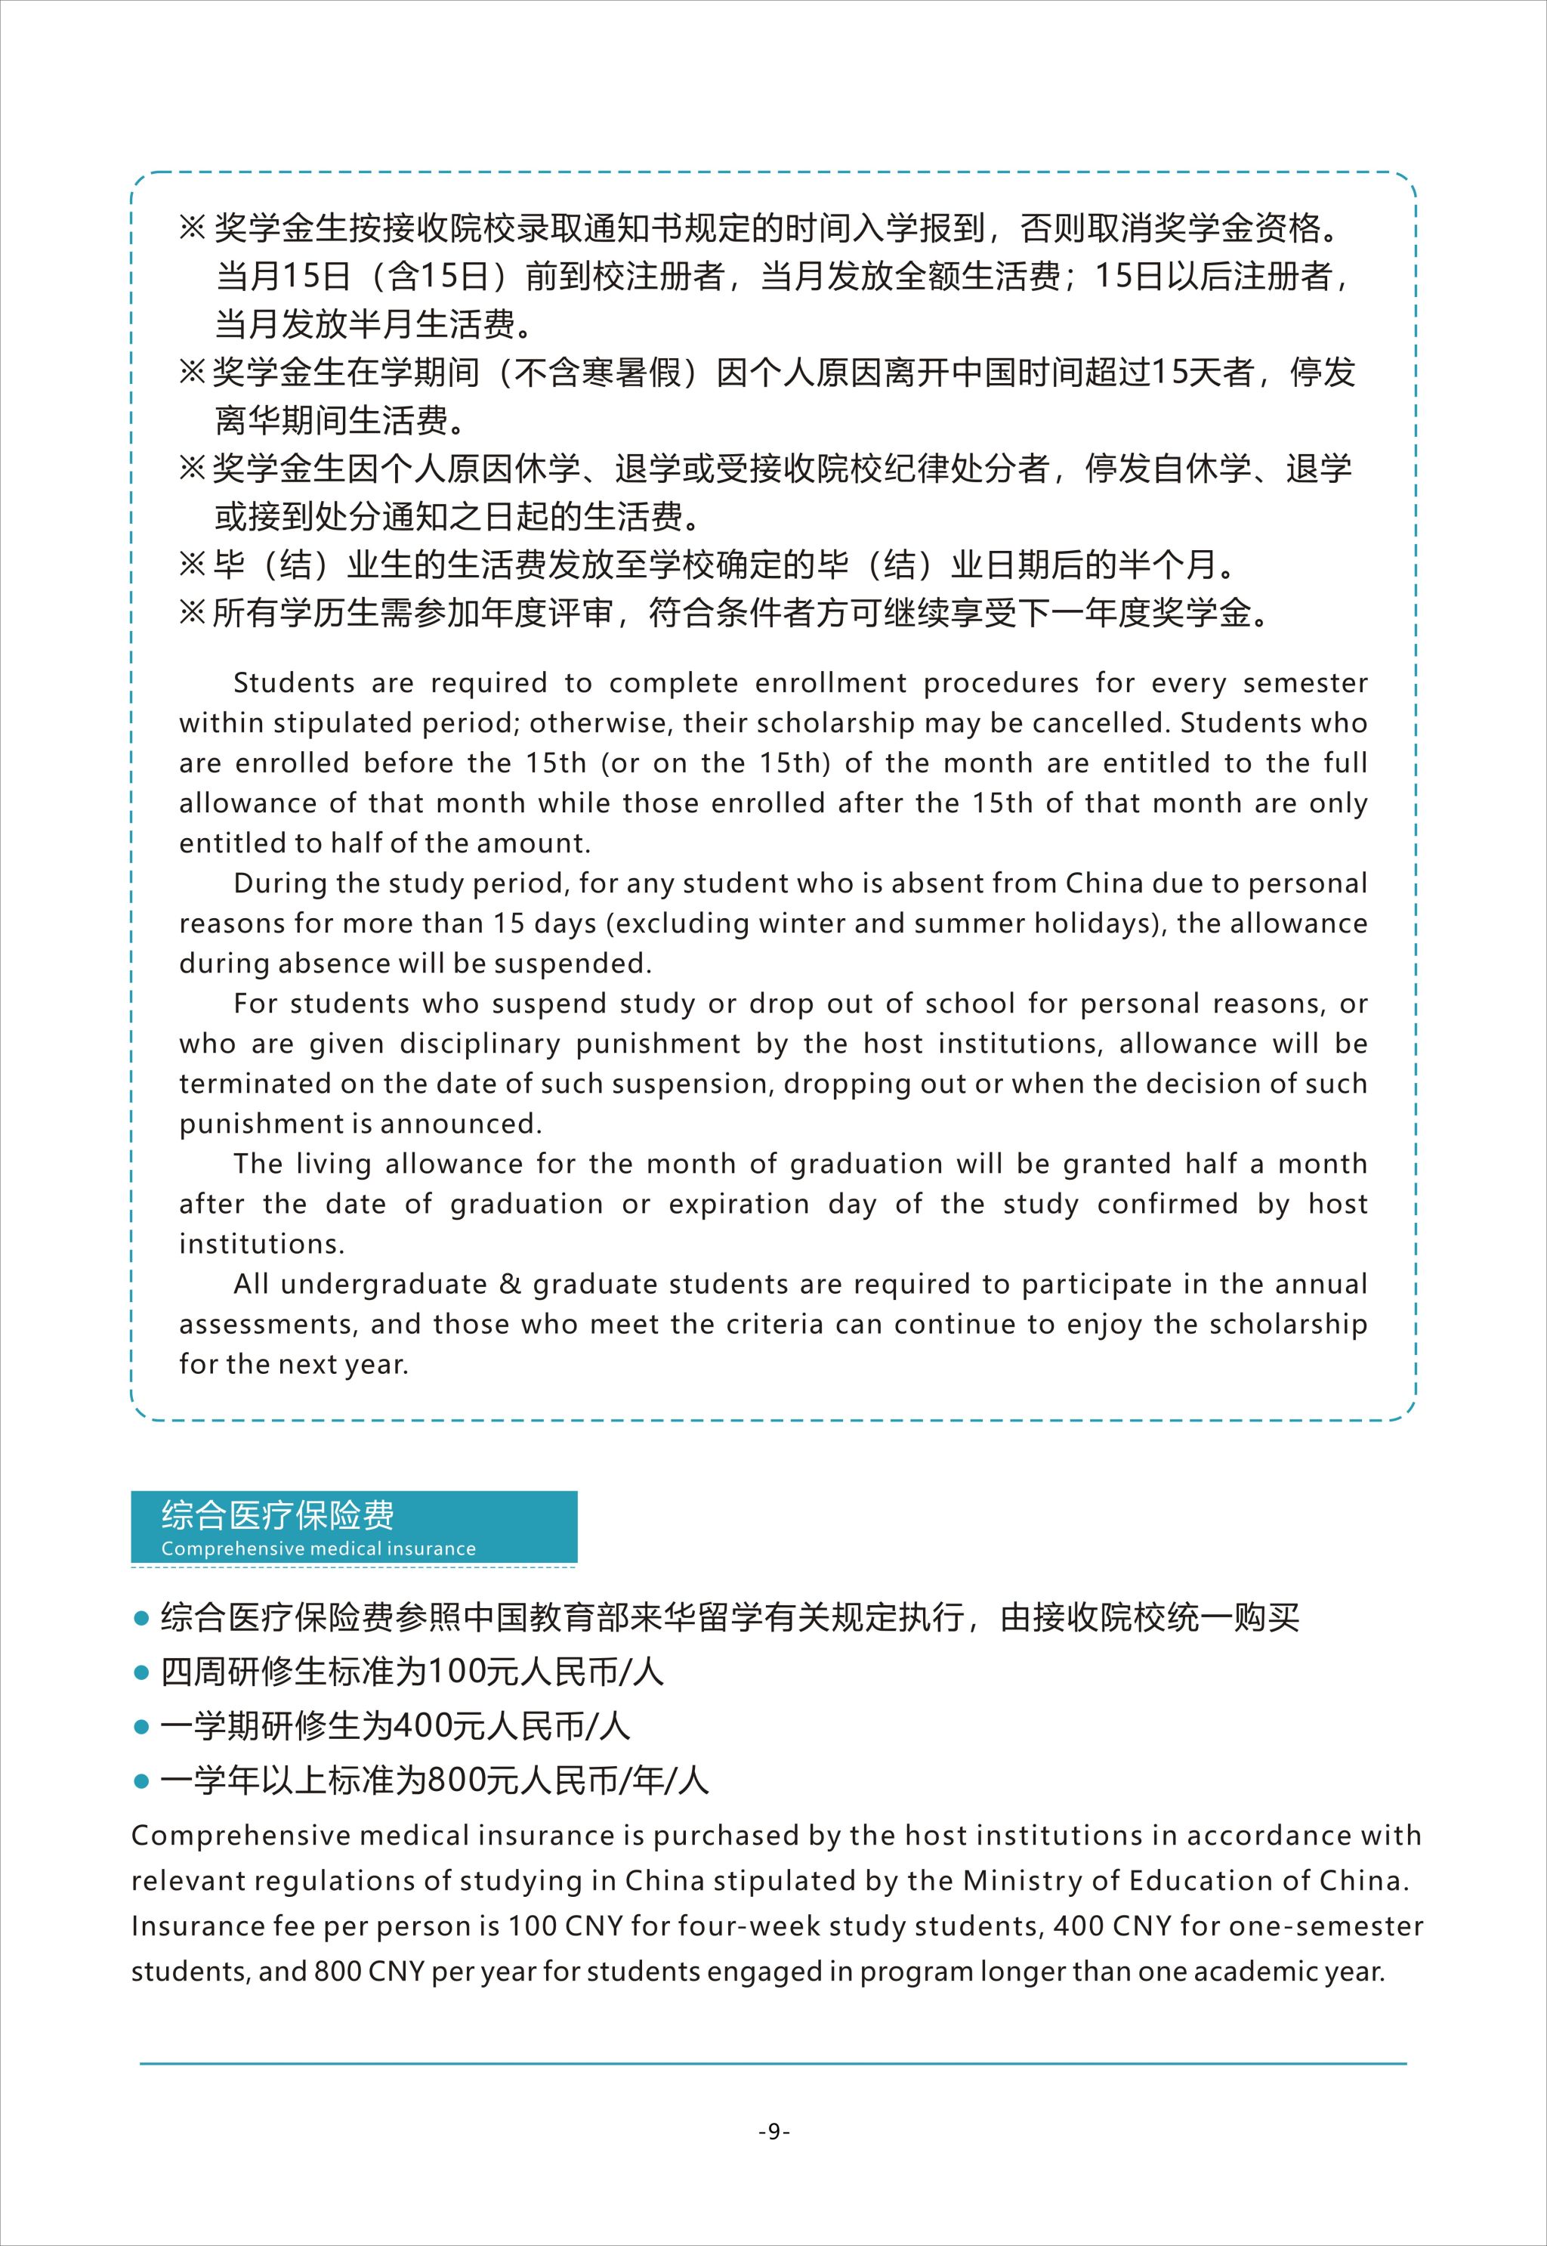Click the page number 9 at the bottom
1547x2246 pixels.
773,2130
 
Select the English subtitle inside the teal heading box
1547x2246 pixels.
318,1548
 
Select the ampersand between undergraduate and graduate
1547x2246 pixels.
510,1284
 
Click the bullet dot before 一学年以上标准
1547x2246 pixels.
141,1781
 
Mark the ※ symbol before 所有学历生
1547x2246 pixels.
192,613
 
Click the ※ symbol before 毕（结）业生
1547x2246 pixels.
192,565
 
